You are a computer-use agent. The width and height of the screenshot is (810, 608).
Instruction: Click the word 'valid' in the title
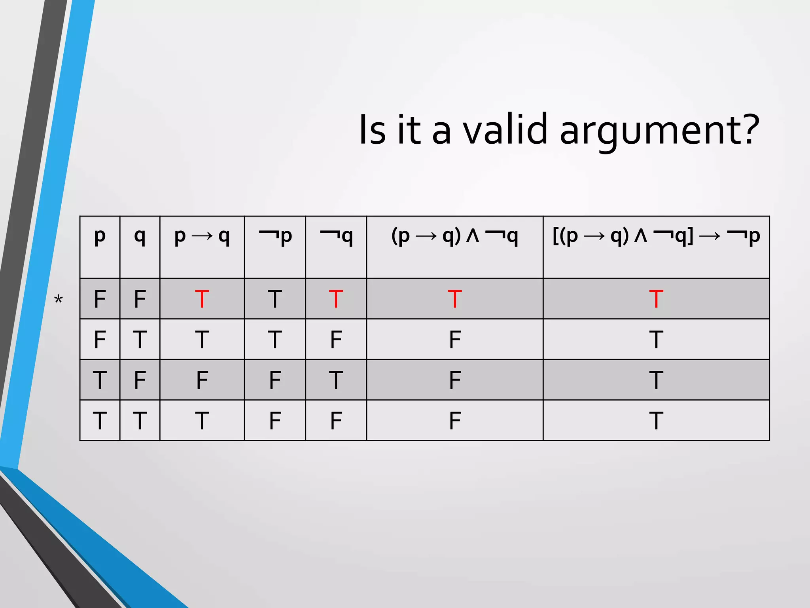point(507,129)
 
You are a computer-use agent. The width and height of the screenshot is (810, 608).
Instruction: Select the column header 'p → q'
point(202,236)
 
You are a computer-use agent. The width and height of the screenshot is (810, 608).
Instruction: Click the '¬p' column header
point(275,236)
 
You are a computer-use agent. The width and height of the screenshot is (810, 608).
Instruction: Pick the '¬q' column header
point(336,236)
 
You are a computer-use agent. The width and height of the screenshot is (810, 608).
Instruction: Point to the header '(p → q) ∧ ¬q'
point(454,236)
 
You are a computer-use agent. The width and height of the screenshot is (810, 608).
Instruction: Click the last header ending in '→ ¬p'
point(656,236)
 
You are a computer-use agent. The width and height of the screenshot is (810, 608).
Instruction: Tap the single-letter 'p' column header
point(100,236)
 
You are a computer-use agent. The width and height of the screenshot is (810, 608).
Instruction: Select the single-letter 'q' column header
point(140,236)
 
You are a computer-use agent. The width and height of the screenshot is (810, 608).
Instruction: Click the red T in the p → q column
point(202,299)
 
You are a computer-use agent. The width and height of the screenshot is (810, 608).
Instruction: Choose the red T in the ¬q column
point(336,299)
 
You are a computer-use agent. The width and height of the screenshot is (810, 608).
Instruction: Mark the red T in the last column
point(656,299)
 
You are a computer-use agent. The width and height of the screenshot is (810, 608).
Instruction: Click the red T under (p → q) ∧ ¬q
point(454,299)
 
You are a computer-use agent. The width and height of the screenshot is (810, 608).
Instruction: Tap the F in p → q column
point(202,380)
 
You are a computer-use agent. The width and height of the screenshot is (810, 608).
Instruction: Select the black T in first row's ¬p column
point(275,299)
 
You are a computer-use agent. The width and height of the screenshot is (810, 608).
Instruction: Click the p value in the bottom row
point(100,420)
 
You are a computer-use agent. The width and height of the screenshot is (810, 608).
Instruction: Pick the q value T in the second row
point(140,340)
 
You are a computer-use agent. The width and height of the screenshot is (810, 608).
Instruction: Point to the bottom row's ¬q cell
point(336,420)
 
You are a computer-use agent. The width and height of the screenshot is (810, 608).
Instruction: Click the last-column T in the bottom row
point(656,420)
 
